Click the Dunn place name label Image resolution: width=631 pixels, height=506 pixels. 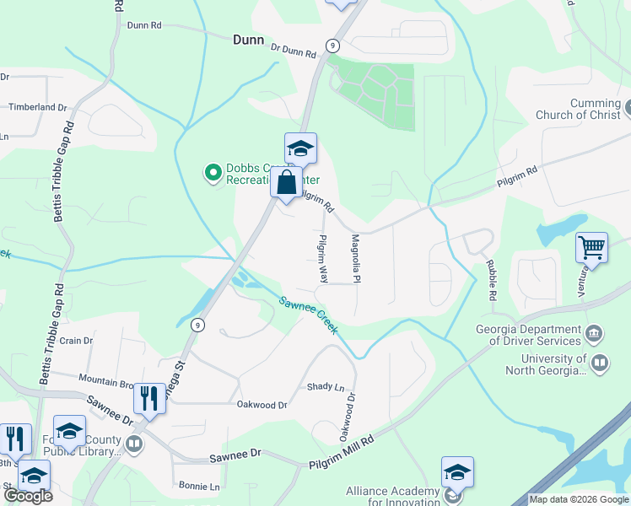248,40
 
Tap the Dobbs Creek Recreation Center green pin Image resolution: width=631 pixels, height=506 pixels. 213,174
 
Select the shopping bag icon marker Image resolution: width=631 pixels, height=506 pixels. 286,181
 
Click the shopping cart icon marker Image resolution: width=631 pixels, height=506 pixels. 591,248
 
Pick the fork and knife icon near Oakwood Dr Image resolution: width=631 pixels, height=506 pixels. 149,397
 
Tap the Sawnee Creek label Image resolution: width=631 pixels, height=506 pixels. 309,315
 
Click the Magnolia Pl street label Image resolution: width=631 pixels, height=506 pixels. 356,258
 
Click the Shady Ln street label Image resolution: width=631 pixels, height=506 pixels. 326,387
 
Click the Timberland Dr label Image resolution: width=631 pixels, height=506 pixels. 37,107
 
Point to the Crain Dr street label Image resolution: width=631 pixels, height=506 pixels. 76,340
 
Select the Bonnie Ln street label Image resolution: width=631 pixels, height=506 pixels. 199,487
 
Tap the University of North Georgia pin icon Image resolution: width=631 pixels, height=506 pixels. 600,364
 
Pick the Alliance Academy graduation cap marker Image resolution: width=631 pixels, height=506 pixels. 456,471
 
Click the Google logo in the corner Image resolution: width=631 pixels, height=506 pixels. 28,496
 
